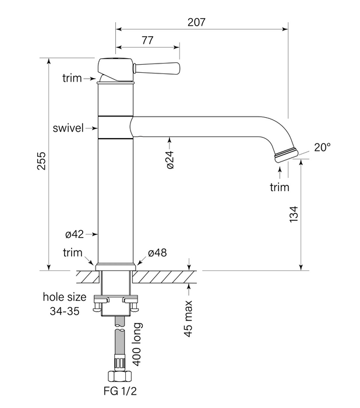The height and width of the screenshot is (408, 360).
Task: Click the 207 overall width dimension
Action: pos(197,22)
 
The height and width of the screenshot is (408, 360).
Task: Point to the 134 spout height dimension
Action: pos(294,214)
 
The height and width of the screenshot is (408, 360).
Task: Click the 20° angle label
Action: pos(323,147)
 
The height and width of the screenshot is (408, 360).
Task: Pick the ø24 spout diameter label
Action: pos(170,158)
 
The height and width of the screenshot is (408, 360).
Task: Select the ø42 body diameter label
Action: pos(74,234)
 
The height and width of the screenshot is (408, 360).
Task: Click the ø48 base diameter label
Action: pos(157,253)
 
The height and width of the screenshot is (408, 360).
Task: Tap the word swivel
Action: pos(66,128)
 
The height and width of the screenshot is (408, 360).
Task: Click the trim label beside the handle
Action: pos(72,78)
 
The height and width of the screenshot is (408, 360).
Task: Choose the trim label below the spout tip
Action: pos(280,187)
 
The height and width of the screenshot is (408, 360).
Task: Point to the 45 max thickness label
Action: pos(187,318)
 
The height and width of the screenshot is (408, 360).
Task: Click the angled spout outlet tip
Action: pos(285,154)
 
